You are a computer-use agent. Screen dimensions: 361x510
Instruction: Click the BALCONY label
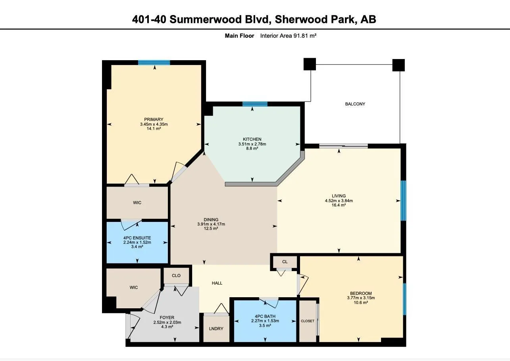[355, 104]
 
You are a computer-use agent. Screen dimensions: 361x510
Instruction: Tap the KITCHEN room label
[252, 139]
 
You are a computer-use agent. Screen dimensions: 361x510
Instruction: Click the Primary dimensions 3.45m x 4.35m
[154, 124]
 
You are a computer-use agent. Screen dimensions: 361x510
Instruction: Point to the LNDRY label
[216, 329]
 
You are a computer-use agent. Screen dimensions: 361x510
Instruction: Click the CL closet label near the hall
[285, 262]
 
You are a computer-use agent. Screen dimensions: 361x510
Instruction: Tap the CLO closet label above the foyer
[176, 275]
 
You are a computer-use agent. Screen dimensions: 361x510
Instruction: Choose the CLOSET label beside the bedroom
[307, 321]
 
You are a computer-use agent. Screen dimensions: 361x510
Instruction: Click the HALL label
[217, 283]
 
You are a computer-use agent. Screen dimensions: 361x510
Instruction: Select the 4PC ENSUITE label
[137, 238]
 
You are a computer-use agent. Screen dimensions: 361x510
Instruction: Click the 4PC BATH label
[265, 316]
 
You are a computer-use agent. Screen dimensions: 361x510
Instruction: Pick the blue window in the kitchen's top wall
[255, 104]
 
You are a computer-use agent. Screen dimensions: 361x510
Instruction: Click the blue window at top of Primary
[154, 62]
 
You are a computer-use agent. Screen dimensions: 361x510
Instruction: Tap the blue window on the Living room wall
[403, 201]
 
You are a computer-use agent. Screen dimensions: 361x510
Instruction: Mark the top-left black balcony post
[310, 64]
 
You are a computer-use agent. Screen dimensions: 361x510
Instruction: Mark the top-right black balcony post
[398, 65]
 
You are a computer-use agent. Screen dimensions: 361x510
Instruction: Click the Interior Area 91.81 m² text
[288, 36]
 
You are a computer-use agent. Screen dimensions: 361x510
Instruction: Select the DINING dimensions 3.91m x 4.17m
[211, 224]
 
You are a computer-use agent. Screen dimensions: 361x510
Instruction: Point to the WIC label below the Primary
[137, 202]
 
